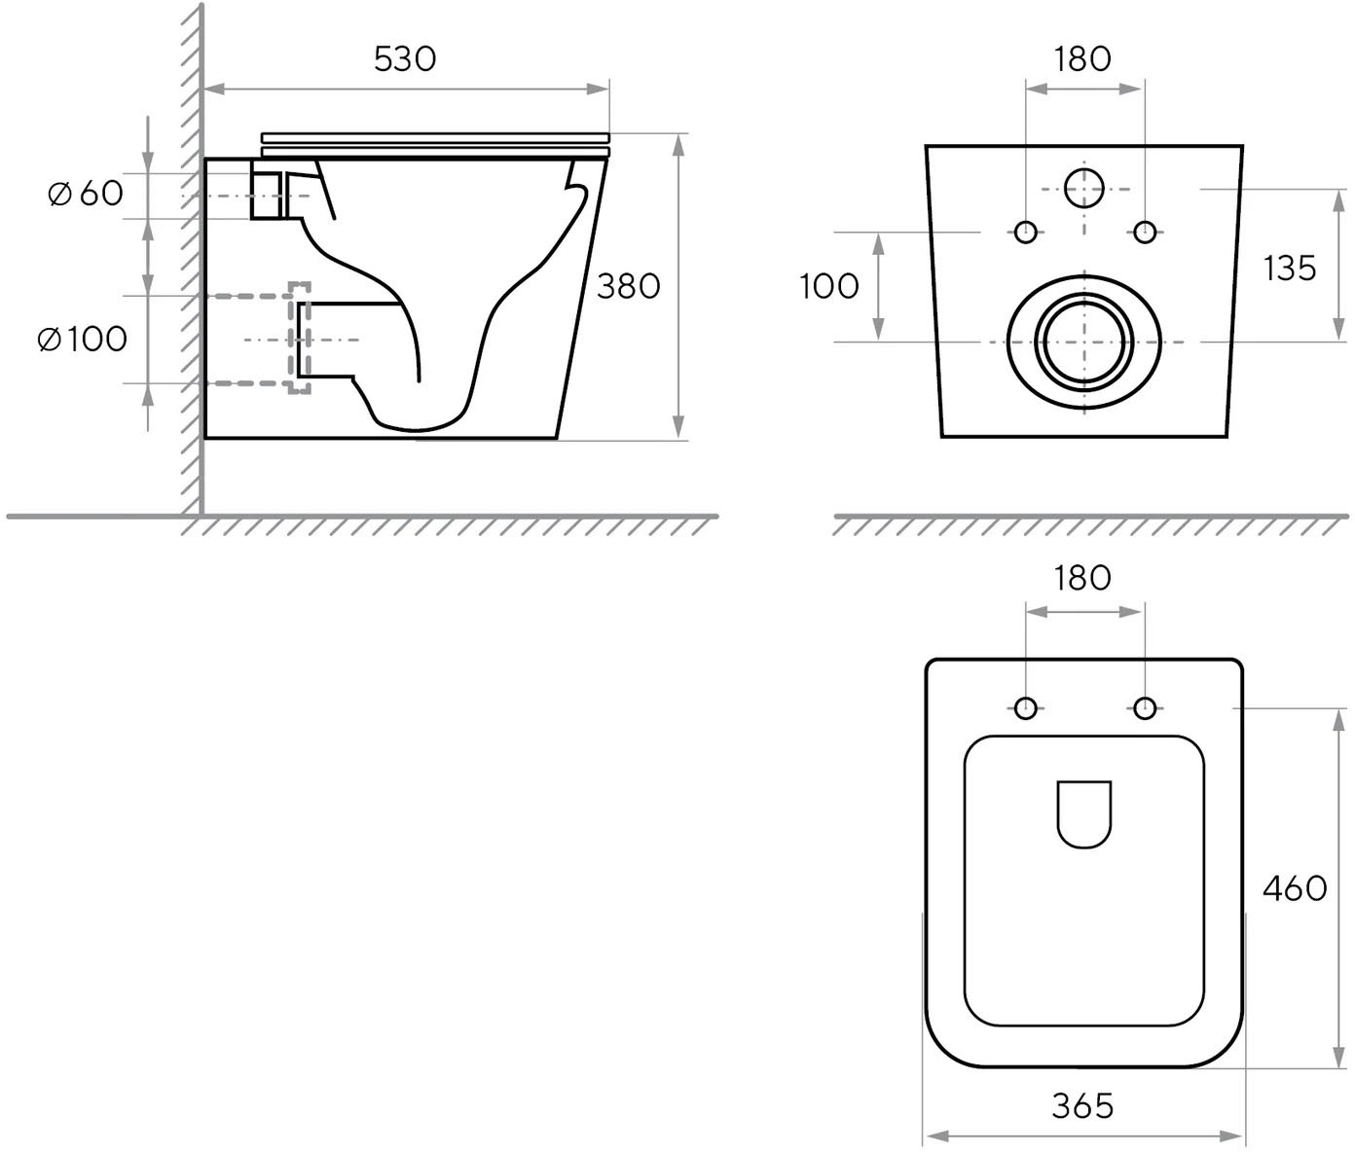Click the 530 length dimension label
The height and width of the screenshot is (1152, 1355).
(x=405, y=59)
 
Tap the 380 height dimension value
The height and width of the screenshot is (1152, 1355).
(x=628, y=286)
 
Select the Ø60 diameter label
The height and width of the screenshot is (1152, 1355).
(x=86, y=194)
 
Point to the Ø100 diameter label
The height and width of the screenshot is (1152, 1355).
(x=83, y=340)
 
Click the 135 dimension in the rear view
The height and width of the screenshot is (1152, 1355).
(x=1290, y=268)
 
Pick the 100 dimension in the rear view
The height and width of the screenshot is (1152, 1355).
(x=828, y=286)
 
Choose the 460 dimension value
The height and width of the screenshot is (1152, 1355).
(x=1295, y=888)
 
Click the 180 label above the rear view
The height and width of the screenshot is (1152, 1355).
(x=1082, y=59)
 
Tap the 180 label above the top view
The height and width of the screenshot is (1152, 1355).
(x=1082, y=578)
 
